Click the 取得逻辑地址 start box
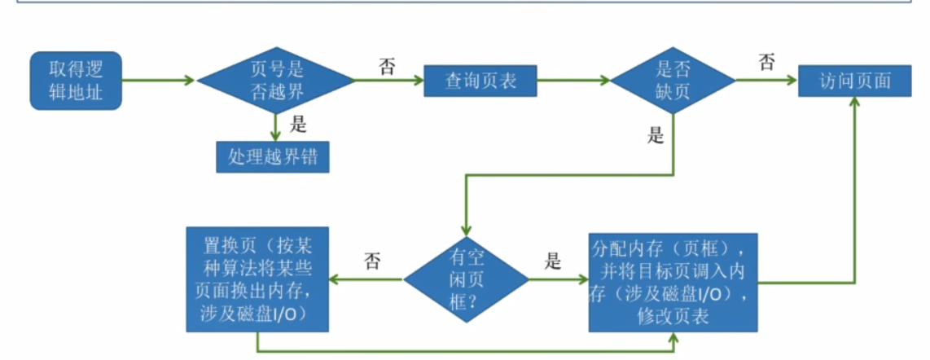(x=75, y=81)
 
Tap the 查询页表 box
(x=480, y=81)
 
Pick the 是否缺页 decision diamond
(x=673, y=81)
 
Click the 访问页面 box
(x=855, y=81)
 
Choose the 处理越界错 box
(x=273, y=156)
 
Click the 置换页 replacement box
(x=257, y=279)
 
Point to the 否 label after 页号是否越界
(x=387, y=66)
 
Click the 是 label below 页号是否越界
(x=298, y=124)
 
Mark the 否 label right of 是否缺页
(x=765, y=63)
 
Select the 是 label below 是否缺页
(x=656, y=135)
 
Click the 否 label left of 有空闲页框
(x=371, y=261)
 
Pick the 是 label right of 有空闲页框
(x=553, y=261)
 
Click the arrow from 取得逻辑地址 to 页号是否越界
(x=159, y=81)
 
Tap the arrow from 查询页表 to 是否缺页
(x=574, y=81)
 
